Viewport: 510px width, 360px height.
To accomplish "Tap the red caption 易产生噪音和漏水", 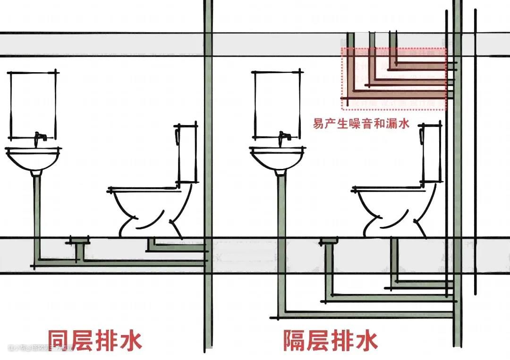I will pos(361,124).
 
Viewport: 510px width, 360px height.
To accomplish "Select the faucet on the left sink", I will pos(41,137).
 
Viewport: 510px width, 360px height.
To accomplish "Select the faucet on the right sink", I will pos(285,137).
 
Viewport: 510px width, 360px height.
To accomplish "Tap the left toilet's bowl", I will pos(142,208).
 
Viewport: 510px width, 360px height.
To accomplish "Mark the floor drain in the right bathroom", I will pos(328,242).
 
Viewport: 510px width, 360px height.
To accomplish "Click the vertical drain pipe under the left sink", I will pos(36,212).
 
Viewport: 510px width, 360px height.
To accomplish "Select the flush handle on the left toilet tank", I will pos(176,137).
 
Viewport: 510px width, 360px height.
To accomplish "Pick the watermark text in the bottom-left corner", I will pos(40,348).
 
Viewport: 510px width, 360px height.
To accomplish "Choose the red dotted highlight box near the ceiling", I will pos(394,79).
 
